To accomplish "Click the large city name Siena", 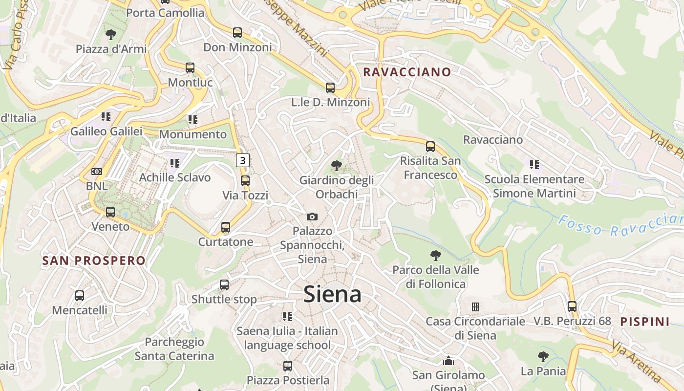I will (x=332, y=294).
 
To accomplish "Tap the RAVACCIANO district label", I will (x=407, y=72).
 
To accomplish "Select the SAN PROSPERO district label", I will (x=94, y=261).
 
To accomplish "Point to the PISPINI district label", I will (x=645, y=322).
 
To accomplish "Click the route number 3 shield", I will (x=243, y=160).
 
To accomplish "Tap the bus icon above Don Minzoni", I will (x=237, y=33).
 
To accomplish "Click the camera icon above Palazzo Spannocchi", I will (x=312, y=217).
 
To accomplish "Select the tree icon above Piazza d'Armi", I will (x=111, y=35).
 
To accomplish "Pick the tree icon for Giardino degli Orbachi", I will (x=336, y=166).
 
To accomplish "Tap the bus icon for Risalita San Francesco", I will (x=430, y=146).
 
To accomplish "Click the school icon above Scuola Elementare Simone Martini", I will (x=534, y=165).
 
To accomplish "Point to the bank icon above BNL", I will (x=97, y=172).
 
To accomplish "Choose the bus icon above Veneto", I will (x=110, y=212).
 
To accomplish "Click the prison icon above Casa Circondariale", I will (x=475, y=307).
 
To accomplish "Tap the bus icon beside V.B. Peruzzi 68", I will (x=572, y=306).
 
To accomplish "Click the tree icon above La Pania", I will (x=543, y=357).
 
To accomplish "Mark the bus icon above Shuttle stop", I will (x=224, y=285).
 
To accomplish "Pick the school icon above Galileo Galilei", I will (x=106, y=117).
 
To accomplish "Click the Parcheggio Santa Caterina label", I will (x=174, y=349).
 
